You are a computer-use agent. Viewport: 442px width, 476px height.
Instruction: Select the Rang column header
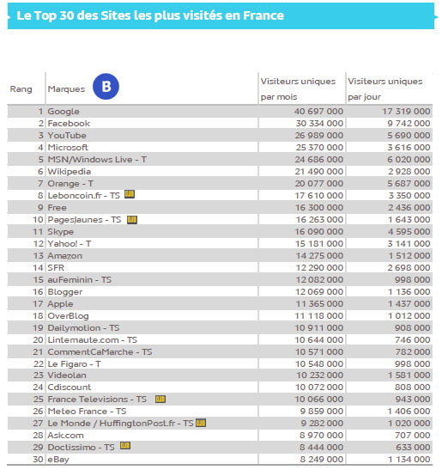point(21,89)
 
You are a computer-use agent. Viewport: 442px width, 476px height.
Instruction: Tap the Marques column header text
point(66,89)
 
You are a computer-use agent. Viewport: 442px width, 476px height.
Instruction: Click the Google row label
point(64,112)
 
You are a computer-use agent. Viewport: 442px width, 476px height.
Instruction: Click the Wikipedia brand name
point(70,172)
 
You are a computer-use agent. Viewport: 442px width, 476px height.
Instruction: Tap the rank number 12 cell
point(39,243)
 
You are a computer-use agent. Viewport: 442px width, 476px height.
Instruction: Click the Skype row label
point(62,231)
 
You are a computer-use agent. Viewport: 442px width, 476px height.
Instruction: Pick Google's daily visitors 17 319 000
point(401,112)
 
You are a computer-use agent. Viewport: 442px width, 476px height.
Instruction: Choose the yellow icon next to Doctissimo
point(125,447)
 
